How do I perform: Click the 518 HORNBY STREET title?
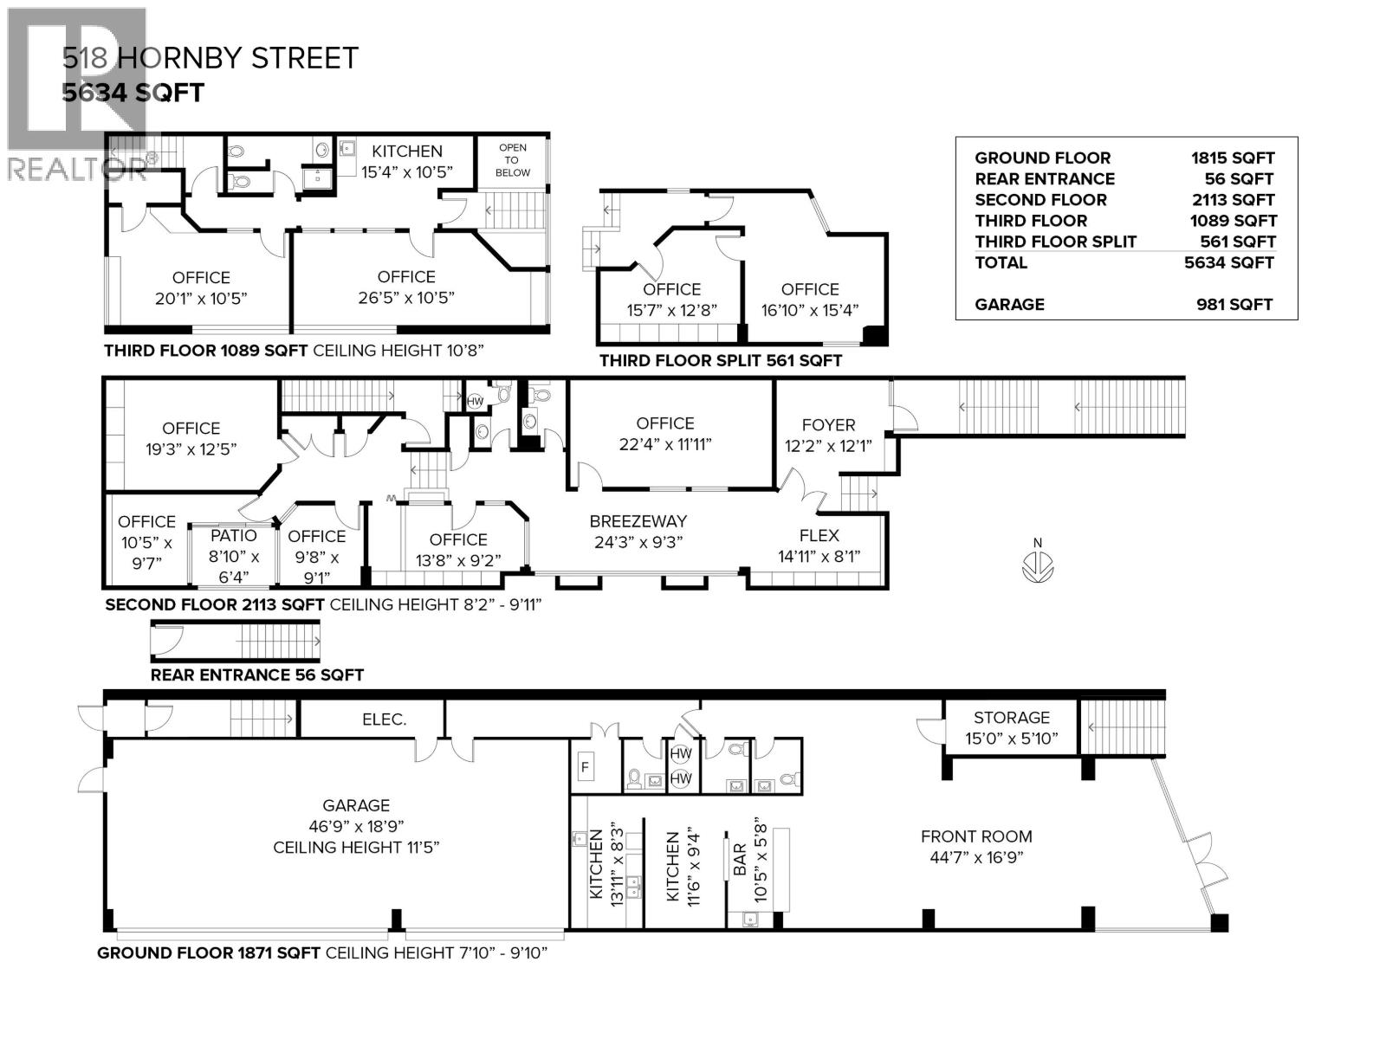point(210,58)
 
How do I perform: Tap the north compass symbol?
point(1037,568)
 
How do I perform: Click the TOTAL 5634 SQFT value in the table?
point(1229,262)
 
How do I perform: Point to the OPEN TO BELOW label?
point(512,160)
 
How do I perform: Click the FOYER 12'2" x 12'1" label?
point(828,435)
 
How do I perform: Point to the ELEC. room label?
point(384,720)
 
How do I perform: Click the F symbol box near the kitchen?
point(586,767)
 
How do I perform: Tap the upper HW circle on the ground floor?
point(681,754)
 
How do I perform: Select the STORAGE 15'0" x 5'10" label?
point(1011,727)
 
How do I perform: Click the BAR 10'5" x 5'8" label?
point(750,860)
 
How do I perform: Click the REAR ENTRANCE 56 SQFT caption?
point(256,674)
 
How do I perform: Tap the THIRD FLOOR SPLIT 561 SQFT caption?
point(720,360)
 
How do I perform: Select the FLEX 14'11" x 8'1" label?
point(819,545)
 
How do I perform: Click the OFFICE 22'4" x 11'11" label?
point(664,433)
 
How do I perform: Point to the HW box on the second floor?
point(475,402)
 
